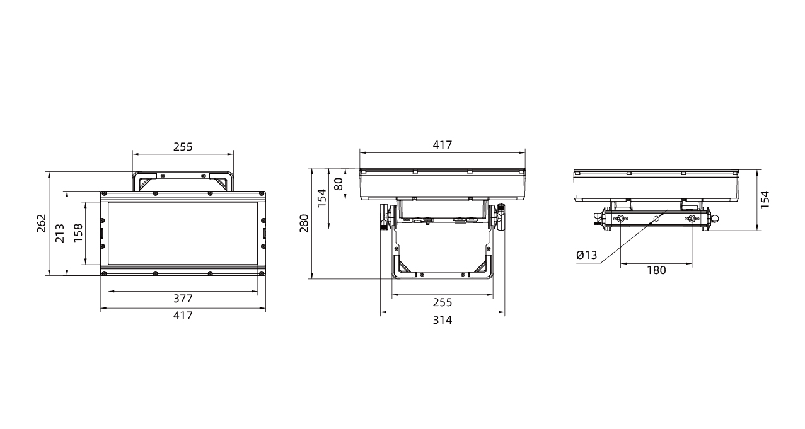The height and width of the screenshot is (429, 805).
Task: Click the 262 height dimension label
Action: pos(42,223)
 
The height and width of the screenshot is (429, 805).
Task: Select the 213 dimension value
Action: pos(60,233)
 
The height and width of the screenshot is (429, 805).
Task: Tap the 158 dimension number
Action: pos(78,233)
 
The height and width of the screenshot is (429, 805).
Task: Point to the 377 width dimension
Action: pos(183,299)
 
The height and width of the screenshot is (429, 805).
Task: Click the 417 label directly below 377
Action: pos(183,316)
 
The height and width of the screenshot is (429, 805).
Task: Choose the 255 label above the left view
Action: pos(183,147)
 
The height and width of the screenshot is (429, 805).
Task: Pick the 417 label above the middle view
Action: pos(443,145)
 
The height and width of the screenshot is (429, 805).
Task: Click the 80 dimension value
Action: pos(339,185)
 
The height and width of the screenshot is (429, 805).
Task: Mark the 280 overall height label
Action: pos(304,223)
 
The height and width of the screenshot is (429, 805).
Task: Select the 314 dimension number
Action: pos(443,320)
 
